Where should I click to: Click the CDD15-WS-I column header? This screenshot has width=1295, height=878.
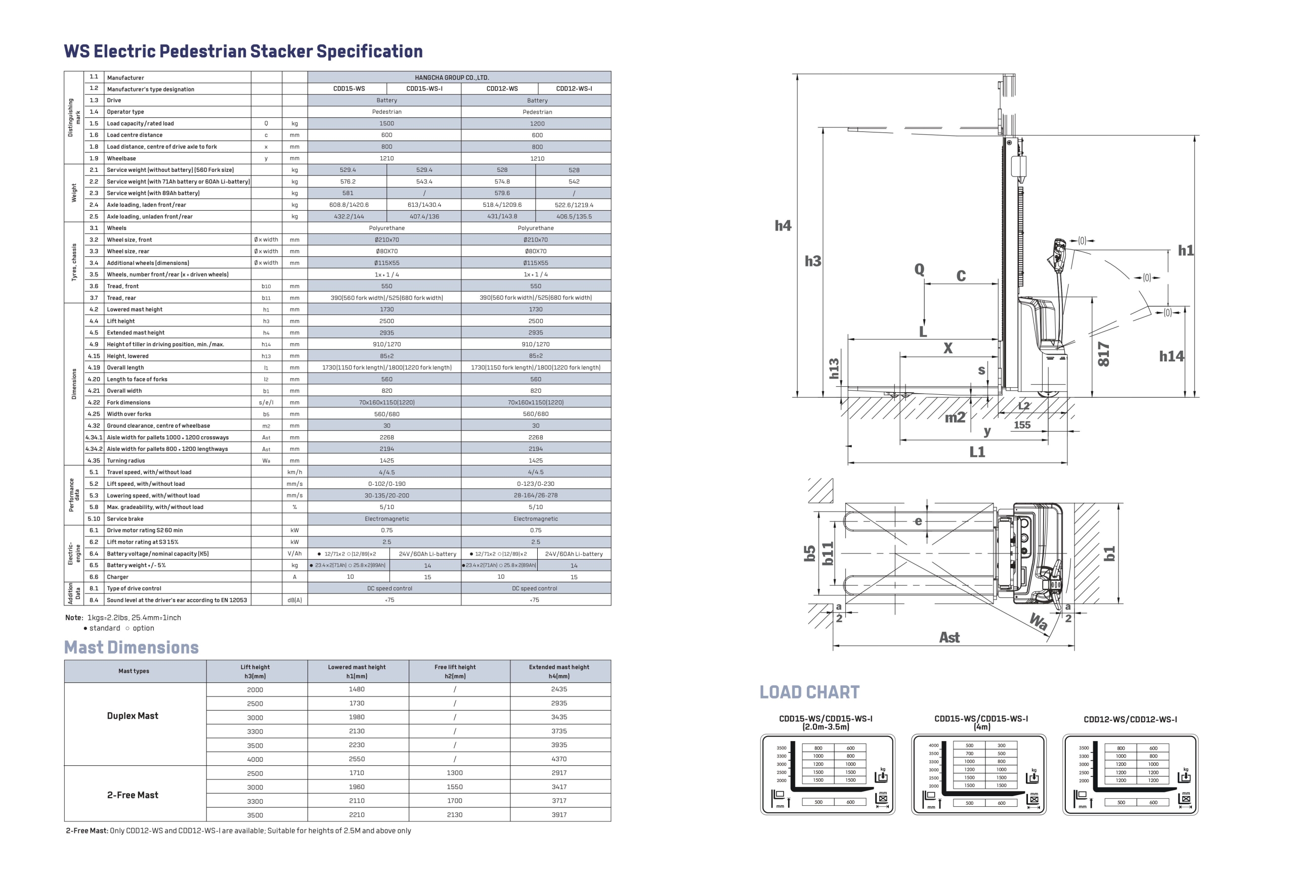click(424, 88)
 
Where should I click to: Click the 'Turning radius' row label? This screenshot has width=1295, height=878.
click(126, 460)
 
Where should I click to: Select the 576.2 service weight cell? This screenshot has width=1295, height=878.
click(348, 181)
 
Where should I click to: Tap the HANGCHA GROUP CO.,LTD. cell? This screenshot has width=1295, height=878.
click(459, 77)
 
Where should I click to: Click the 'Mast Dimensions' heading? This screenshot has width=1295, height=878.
click(132, 647)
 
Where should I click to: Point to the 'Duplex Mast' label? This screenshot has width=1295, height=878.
click(133, 716)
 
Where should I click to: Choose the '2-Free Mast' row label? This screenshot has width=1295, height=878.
click(133, 795)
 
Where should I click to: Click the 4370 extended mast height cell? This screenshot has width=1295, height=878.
click(559, 759)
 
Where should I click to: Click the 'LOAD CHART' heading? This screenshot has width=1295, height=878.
click(809, 692)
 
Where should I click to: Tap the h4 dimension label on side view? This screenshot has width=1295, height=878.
click(783, 225)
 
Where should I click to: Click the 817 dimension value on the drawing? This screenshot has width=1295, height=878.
click(1103, 354)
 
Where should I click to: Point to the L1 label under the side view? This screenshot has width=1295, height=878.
click(977, 451)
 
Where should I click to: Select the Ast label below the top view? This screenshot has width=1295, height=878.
click(949, 637)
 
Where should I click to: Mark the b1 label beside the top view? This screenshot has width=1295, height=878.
click(1109, 553)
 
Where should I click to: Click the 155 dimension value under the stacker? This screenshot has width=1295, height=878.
click(1022, 425)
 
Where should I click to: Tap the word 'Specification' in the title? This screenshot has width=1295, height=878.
click(369, 51)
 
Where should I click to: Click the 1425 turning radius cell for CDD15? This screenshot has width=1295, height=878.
click(386, 460)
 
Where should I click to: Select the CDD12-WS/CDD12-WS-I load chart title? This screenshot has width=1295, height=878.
click(1130, 719)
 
